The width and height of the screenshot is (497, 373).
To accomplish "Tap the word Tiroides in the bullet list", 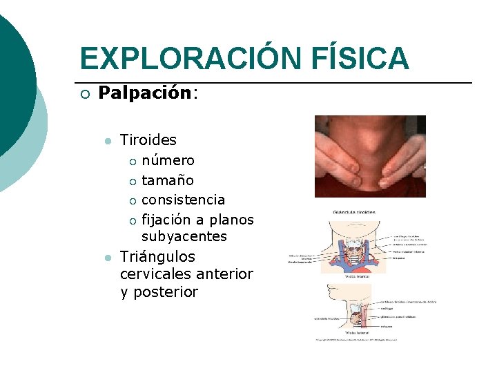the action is (x=148, y=140).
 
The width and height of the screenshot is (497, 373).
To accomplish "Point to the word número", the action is (x=168, y=160).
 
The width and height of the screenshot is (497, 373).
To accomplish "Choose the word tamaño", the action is (x=168, y=180).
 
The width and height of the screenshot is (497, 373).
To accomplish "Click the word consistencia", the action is (x=183, y=200).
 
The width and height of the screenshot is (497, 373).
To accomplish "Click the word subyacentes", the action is (x=184, y=236).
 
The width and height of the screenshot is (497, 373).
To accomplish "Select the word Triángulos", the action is (x=157, y=257).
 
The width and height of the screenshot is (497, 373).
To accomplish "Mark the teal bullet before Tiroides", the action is (x=106, y=141).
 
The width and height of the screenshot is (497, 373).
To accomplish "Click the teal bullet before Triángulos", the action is (x=106, y=258).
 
